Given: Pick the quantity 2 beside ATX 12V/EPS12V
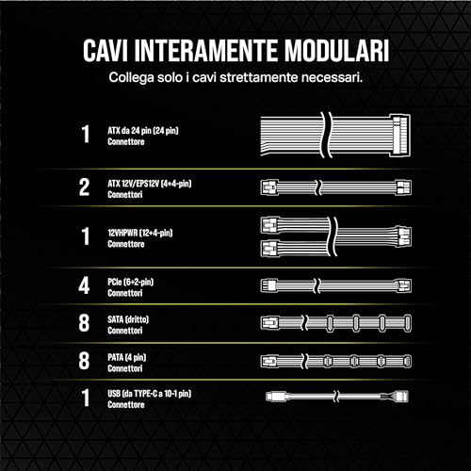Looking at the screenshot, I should [x=84, y=186].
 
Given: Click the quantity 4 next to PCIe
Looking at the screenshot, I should [x=84, y=283].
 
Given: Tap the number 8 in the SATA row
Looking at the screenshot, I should [x=84, y=322].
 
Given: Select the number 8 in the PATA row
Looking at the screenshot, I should [x=84, y=360].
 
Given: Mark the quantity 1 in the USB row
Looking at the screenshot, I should [x=84, y=398].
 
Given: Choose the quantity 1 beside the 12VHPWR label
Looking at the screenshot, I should [x=84, y=235].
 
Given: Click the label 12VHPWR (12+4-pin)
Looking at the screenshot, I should [x=139, y=230].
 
